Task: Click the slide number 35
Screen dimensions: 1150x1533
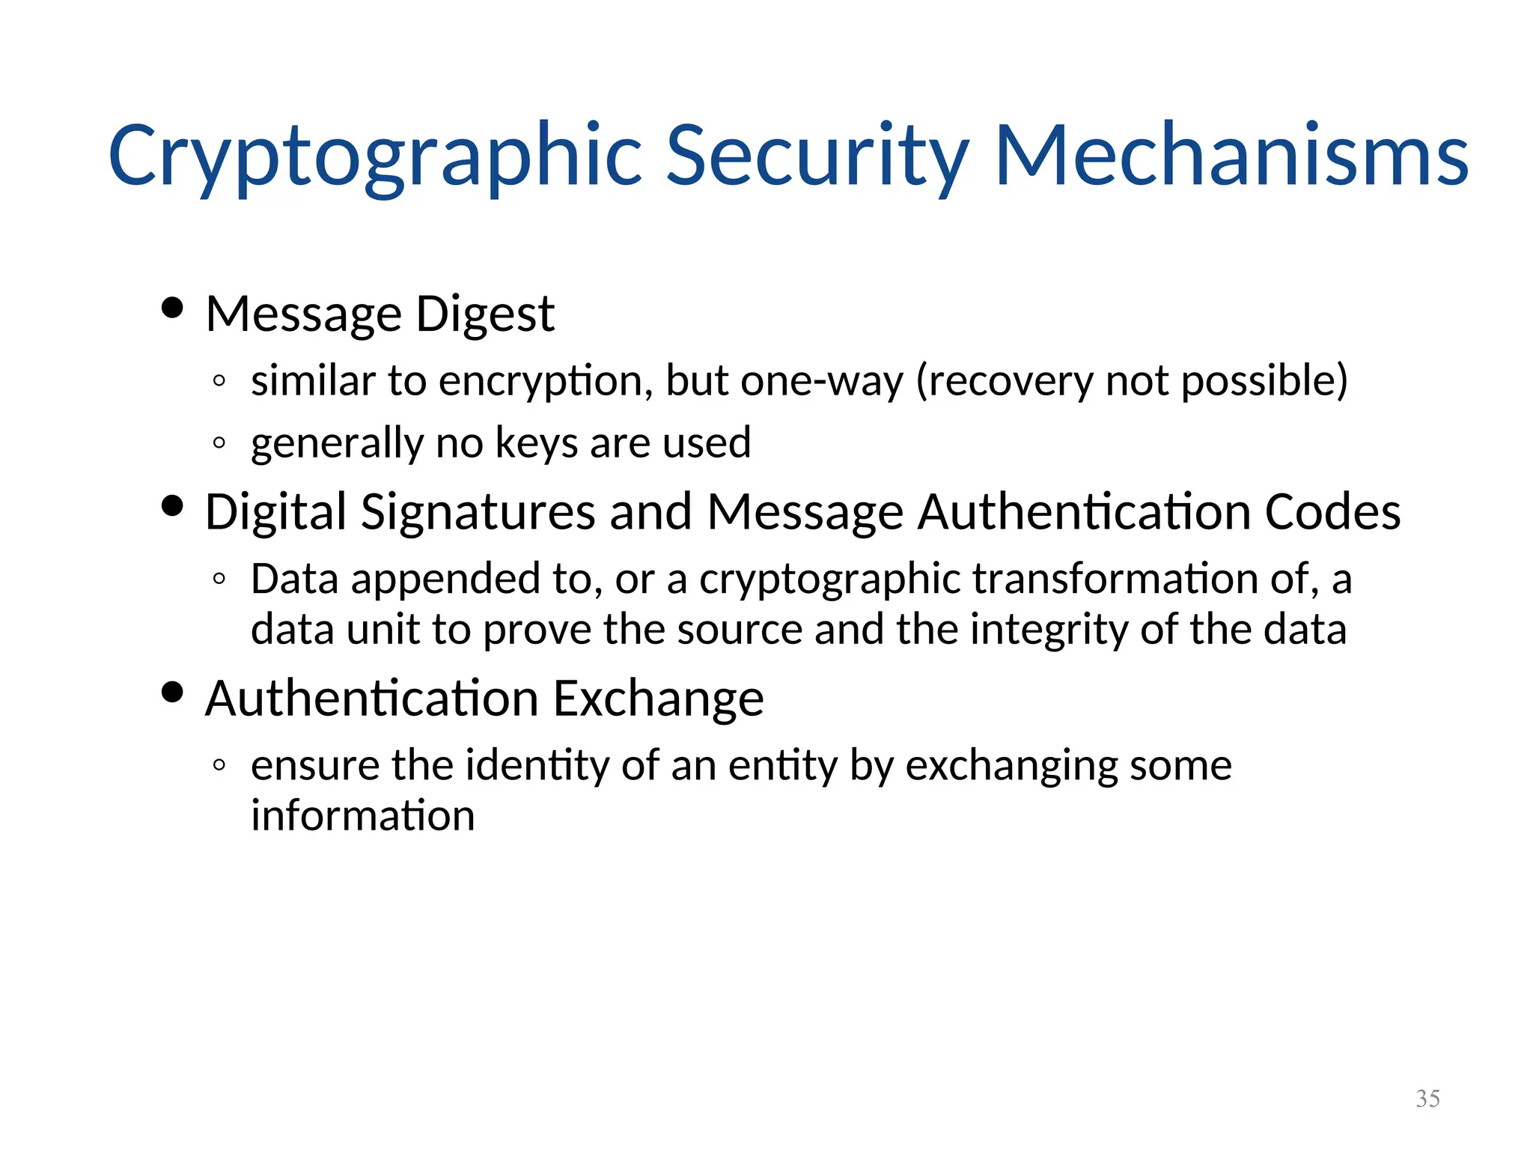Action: [1427, 1098]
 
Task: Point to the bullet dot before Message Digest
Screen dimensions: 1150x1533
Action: [172, 308]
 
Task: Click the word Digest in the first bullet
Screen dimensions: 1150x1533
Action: [485, 314]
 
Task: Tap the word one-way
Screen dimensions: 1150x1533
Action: [822, 381]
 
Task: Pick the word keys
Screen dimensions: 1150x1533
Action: [537, 443]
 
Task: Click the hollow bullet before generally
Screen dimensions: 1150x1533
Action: [219, 442]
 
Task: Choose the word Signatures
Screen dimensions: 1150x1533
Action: [478, 513]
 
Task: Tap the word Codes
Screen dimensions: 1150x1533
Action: [1332, 513]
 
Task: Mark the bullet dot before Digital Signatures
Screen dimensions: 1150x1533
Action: [172, 506]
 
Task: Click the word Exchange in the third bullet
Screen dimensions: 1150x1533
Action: [658, 699]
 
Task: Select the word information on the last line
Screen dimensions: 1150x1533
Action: [362, 815]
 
